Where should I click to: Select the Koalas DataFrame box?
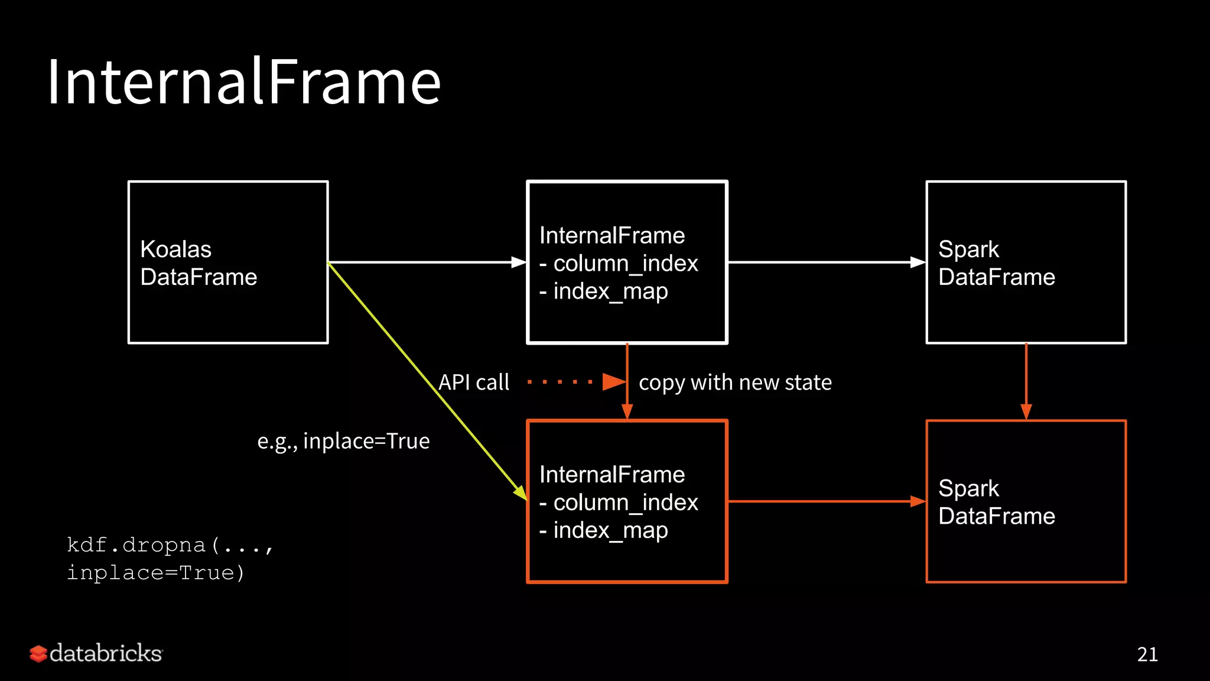point(228,262)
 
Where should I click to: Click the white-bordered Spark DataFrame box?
point(1026,262)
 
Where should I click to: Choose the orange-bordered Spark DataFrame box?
point(1026,501)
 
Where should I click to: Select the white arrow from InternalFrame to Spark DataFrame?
point(827,262)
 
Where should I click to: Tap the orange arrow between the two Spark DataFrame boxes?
point(1026,381)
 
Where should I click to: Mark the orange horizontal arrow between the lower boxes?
point(827,501)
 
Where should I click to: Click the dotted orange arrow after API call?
point(576,382)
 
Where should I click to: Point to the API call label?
point(474,382)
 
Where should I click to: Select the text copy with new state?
point(735,382)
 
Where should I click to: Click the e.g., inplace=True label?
point(343,441)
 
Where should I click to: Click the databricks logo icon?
point(38,653)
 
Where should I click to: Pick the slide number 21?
point(1147,654)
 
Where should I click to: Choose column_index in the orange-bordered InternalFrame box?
point(625,502)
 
